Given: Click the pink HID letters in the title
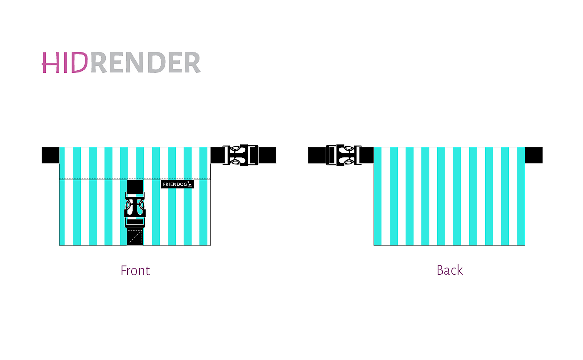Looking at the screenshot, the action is coord(65,63).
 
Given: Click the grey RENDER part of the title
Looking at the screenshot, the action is coord(145,63).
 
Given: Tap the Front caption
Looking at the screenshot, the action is coord(135,271).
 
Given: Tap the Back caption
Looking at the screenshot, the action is coord(450,271).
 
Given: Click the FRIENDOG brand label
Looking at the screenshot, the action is coord(177,184).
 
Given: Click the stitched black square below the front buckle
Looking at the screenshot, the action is coord(135,237).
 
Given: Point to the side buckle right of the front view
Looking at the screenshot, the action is coord(241,155).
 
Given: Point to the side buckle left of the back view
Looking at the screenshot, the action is coord(344,155).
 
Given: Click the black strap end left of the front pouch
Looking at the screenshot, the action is coord(50,155).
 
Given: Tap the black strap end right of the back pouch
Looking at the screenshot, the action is coord(533,155).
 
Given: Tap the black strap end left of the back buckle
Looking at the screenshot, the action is coord(317,155).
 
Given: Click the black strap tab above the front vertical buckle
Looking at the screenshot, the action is coord(135,187).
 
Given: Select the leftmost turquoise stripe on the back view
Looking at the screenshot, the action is coord(378,196).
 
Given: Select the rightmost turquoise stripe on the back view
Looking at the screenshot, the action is coord(521,196).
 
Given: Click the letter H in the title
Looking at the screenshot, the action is coord(50,63).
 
